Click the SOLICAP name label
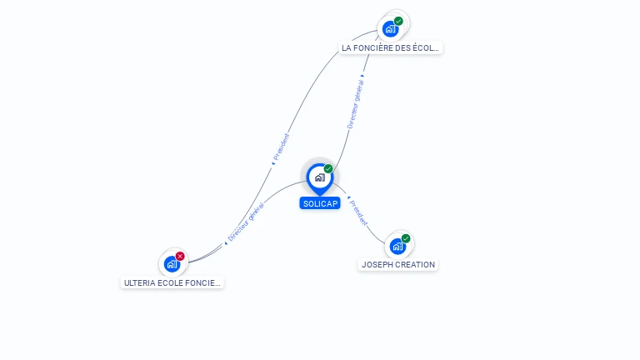pos(320,203)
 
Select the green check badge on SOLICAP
pos(328,169)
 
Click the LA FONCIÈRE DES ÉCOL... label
pos(391,47)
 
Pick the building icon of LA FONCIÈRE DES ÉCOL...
pos(390,29)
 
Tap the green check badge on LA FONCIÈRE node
pos(398,21)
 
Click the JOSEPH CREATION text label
pos(397,264)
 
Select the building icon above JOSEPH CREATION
pos(397,246)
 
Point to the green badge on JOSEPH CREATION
pos(406,238)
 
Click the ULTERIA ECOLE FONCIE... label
pos(172,282)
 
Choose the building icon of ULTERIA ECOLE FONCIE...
pos(172,264)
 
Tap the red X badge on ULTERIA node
pos(180,257)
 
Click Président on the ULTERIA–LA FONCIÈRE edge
pos(282,147)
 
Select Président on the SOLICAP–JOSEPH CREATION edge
pos(358,212)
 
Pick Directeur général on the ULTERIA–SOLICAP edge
pos(246,222)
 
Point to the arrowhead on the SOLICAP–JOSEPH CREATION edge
pos(348,198)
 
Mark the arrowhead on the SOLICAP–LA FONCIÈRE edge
pos(362,77)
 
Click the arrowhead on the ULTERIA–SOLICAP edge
pos(226,242)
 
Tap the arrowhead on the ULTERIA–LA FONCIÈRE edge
pos(272,163)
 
